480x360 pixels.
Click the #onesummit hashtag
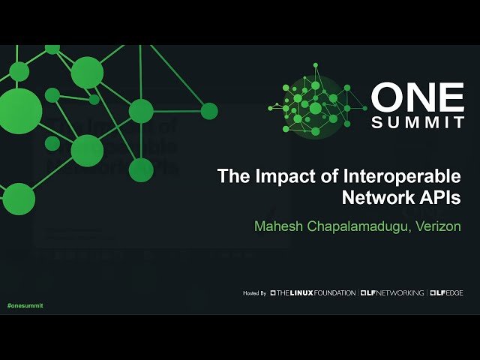pos(25,306)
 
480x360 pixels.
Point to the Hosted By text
pos(255,293)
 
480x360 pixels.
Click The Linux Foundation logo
pos(313,293)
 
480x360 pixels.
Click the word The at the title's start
pos(231,177)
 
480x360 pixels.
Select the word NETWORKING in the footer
pos(400,293)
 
